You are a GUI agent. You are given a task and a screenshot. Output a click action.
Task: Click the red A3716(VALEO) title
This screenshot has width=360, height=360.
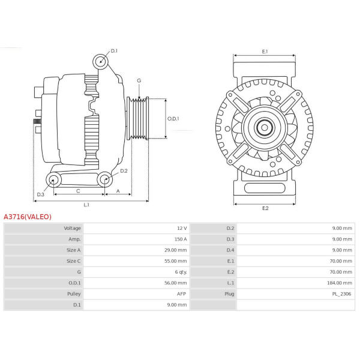point(28,217)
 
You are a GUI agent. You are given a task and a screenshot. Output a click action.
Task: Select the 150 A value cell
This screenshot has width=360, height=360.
point(181,239)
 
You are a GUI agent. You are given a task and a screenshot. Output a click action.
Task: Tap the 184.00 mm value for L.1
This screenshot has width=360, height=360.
point(340,283)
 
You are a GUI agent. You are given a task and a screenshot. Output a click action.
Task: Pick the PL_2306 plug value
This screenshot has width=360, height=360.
point(341,294)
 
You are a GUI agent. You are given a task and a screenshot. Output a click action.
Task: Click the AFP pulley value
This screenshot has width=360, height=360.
point(181,294)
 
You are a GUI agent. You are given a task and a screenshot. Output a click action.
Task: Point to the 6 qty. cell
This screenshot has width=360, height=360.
point(181,272)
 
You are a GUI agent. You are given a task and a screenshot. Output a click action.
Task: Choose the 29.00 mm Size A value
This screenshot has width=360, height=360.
point(175,250)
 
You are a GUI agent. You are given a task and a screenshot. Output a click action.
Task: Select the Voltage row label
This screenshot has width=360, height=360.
point(73,228)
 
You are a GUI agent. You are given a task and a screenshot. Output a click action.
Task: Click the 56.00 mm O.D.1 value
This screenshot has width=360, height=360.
point(175,283)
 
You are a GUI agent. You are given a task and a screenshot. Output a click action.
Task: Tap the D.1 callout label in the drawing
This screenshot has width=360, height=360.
point(114,51)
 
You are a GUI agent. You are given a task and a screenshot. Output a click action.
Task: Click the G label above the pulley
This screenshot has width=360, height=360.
point(139,80)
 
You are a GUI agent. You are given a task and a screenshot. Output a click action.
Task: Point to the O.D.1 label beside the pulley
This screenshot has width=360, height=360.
point(173,119)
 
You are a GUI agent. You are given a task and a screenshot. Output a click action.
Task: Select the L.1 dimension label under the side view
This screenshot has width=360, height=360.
point(86,205)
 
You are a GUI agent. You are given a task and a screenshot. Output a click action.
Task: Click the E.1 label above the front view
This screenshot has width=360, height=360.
point(265,52)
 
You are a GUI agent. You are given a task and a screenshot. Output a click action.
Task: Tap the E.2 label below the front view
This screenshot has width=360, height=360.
point(265,208)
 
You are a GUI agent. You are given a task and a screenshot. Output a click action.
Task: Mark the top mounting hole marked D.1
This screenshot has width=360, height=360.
point(101,62)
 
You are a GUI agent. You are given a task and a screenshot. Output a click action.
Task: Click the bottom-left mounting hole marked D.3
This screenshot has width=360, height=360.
point(53,180)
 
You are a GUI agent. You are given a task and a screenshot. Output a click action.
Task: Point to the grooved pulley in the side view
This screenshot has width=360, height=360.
point(138,118)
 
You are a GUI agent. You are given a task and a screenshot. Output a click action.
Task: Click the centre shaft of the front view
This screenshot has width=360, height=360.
point(265,128)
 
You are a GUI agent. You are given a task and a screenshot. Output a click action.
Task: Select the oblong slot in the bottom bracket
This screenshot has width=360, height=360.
point(265,188)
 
